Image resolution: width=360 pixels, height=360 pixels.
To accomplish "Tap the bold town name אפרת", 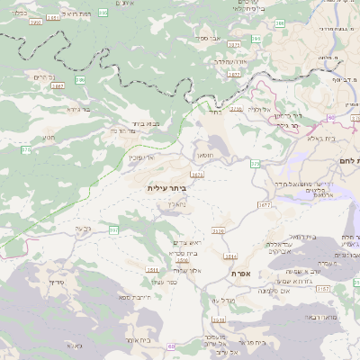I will (x=240, y=273).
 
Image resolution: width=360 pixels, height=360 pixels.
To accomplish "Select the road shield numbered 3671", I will (x=196, y=175).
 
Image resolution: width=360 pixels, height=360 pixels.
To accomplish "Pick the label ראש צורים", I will (x=184, y=243).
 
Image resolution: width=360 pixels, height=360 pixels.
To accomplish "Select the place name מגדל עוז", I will (x=208, y=300).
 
